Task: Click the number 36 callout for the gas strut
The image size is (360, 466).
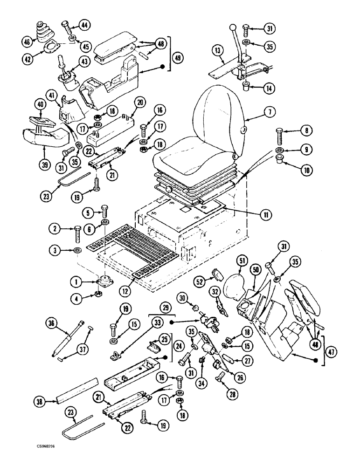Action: click(x=54, y=323)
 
